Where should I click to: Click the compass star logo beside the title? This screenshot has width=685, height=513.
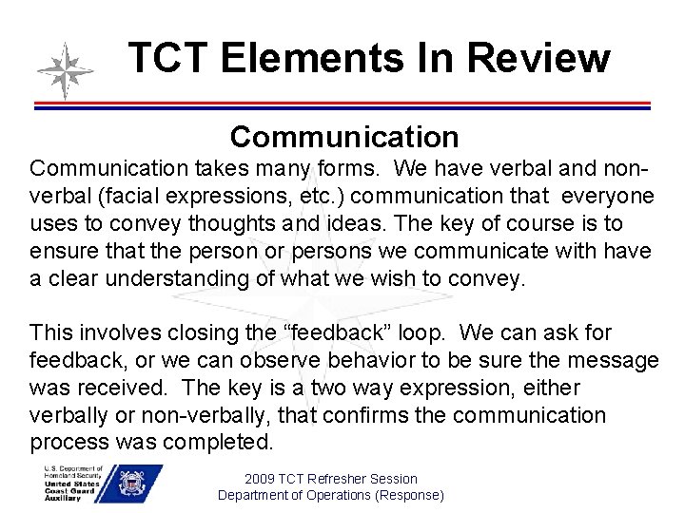coord(65,71)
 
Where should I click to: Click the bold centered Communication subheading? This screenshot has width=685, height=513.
coord(343,137)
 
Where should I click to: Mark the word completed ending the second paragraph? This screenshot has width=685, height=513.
coord(225,444)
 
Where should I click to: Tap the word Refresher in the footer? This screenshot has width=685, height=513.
coord(330,479)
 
